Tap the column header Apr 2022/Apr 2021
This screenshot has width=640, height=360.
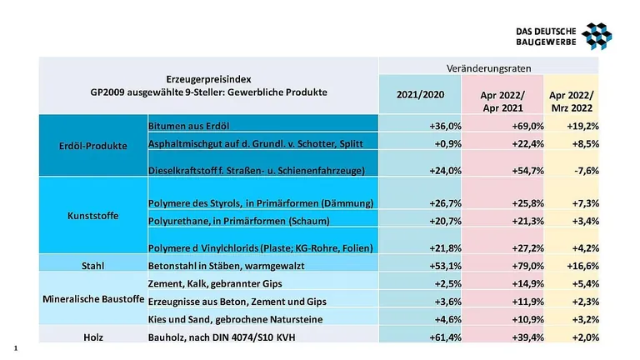502,102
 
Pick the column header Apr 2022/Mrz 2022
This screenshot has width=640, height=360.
572,102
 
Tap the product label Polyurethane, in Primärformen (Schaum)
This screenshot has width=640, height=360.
238,221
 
